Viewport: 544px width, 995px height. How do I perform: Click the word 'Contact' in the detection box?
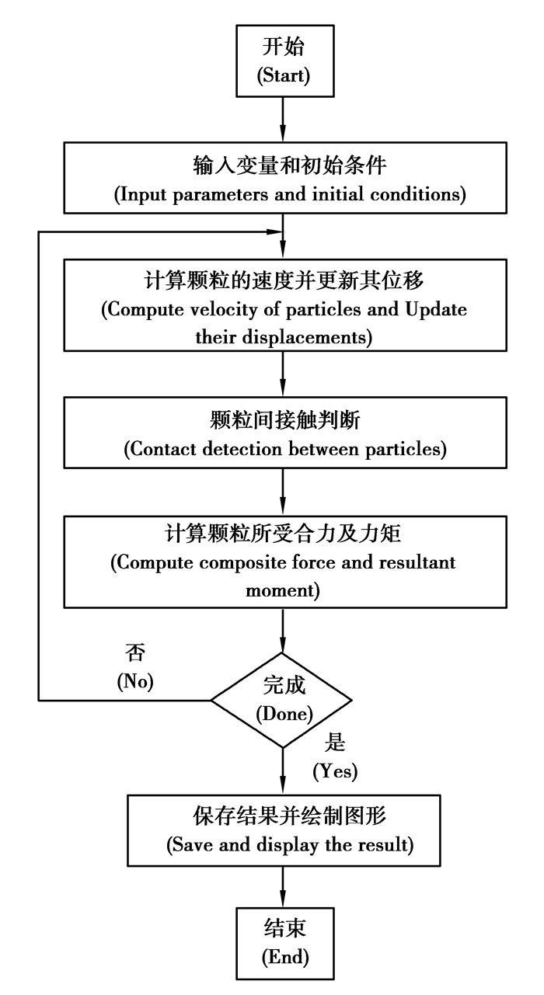[x=165, y=448]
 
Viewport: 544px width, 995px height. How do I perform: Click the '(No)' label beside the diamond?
[x=136, y=683]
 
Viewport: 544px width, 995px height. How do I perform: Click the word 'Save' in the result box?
[x=187, y=845]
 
